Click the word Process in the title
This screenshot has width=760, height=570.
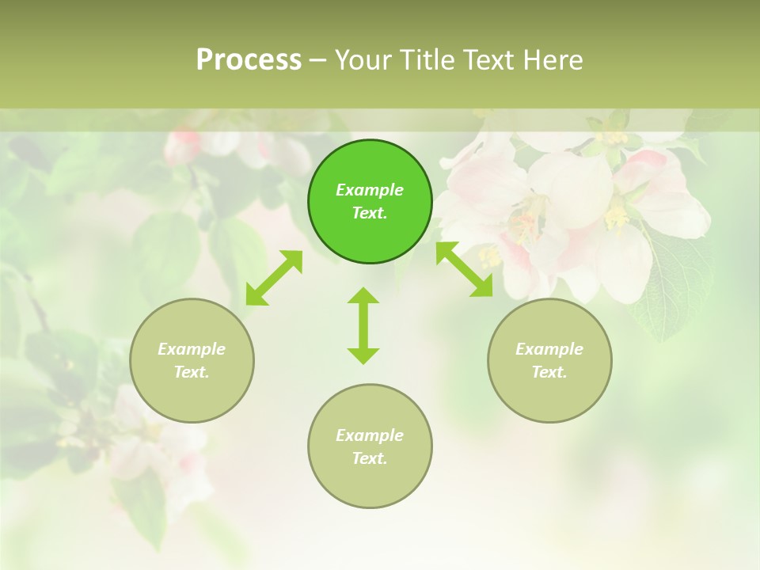pyautogui.click(x=249, y=59)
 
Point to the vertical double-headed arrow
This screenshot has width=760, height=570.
pyautogui.click(x=363, y=325)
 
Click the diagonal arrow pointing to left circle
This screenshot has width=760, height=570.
pyautogui.click(x=274, y=278)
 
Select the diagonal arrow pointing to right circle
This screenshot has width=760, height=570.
pyautogui.click(x=465, y=270)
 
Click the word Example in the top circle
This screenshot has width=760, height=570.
pyautogui.click(x=370, y=190)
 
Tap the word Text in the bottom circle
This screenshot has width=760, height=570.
pyautogui.click(x=369, y=458)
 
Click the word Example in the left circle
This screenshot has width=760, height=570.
pyautogui.click(x=192, y=349)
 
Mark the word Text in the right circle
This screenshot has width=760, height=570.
pyautogui.click(x=549, y=372)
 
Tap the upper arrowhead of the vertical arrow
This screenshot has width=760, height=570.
pyautogui.click(x=363, y=296)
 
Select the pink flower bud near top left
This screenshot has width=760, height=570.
pyautogui.click(x=184, y=146)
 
